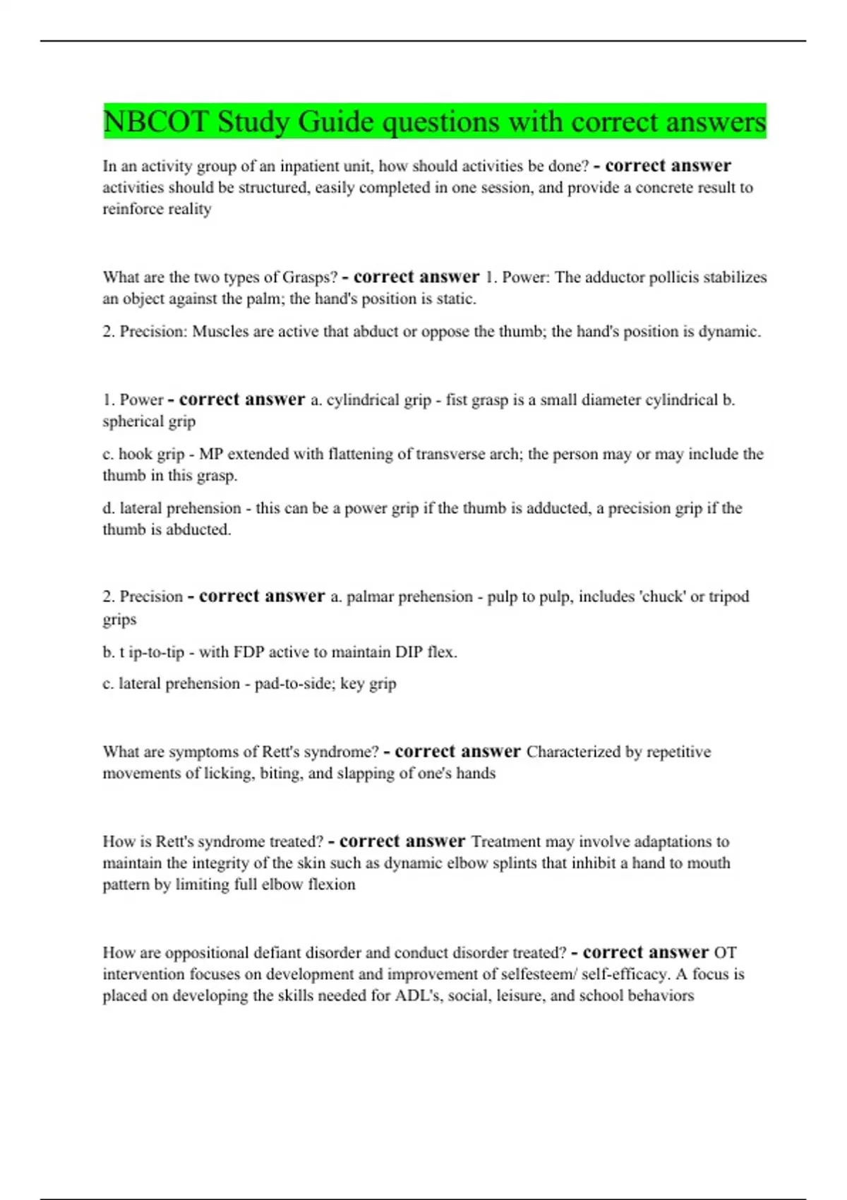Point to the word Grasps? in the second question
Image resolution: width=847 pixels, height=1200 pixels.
(310, 277)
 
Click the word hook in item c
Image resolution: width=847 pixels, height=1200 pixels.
(133, 455)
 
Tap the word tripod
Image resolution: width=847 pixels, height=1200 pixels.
(729, 597)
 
